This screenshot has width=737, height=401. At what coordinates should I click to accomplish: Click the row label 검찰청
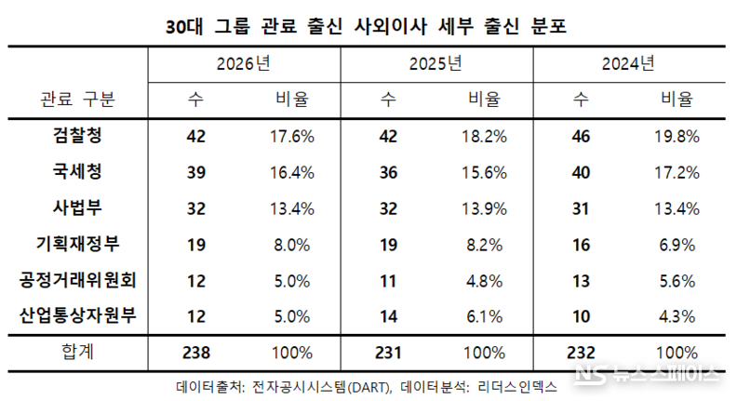tap(79, 136)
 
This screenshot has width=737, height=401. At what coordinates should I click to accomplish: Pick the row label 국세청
tap(79, 172)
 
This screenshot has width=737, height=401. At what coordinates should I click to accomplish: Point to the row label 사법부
tap(79, 208)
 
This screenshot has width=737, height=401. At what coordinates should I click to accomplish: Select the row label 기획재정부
tap(79, 244)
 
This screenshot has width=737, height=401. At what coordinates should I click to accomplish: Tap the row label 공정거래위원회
tap(79, 280)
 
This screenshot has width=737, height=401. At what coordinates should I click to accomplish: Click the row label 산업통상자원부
tap(79, 316)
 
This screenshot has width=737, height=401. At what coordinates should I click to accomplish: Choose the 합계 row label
tap(79, 353)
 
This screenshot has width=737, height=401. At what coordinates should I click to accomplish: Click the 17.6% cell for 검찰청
tap(291, 136)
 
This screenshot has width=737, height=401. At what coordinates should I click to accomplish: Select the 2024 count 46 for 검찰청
tap(581, 136)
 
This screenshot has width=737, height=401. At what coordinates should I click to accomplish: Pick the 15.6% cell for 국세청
tap(484, 172)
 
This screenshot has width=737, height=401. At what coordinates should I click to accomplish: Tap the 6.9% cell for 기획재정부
tap(677, 244)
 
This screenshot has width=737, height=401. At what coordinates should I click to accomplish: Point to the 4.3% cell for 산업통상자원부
tap(677, 316)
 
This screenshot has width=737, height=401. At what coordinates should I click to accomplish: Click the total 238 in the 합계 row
tap(196, 353)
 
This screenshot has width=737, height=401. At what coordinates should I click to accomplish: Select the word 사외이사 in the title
tap(395, 26)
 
